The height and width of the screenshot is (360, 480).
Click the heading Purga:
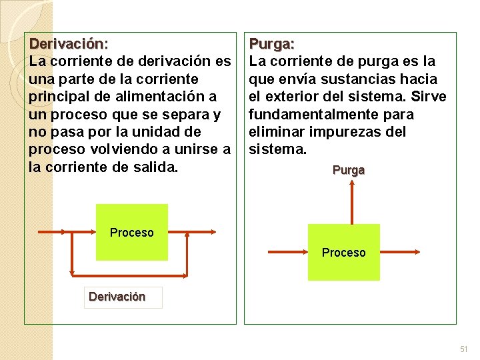pos(271,44)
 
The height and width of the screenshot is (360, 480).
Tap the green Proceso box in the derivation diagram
pos(131,232)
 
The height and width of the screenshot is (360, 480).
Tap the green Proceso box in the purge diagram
pos(344,252)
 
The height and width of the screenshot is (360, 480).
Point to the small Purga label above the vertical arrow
pos(348,170)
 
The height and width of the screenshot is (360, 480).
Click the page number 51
pos(464,349)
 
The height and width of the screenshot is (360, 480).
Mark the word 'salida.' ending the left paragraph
pos(155,166)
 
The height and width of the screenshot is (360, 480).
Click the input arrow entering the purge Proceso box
pos(287,251)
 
